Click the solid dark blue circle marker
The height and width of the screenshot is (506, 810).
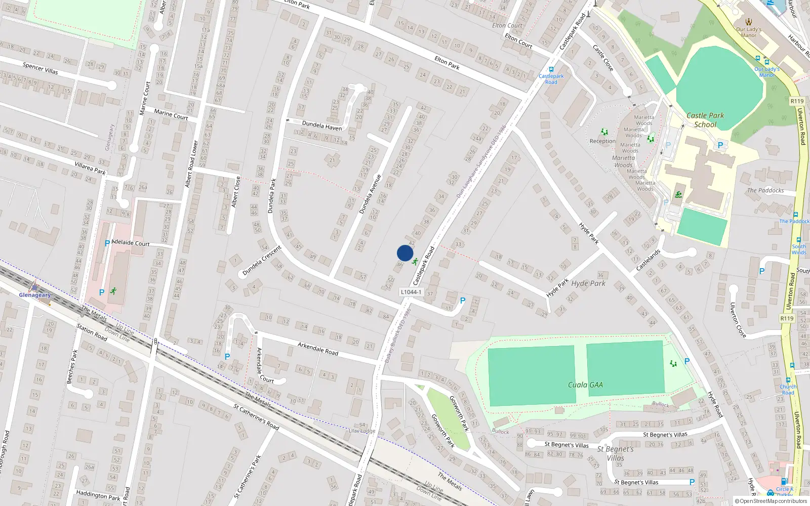[405, 253]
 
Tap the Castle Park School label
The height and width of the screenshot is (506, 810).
[705, 120]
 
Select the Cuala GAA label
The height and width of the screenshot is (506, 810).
[585, 385]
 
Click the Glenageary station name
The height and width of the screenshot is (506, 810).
[35, 295]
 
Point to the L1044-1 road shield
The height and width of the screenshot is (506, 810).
[411, 292]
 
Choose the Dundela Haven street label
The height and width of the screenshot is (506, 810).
[321, 125]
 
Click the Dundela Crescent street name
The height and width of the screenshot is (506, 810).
[261, 261]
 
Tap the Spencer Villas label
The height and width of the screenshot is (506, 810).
[40, 68]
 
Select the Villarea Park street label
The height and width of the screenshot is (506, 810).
[90, 168]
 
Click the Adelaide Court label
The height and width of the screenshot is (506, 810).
[130, 243]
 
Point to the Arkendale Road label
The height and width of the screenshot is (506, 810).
[317, 348]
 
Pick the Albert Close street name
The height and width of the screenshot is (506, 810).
[235, 192]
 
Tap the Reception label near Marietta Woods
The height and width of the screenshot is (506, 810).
[602, 141]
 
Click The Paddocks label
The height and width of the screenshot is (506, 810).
[765, 191]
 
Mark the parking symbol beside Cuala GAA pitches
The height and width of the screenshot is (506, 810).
[687, 361]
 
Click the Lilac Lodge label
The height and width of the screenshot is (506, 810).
[362, 431]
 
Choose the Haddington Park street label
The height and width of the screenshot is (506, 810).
[98, 495]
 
